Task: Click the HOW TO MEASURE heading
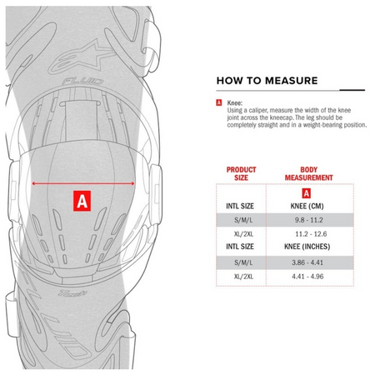tap(267, 81)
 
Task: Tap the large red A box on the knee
tap(82, 201)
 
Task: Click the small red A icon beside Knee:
tap(219, 102)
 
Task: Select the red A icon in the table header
tap(306, 193)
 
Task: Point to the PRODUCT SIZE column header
tap(241, 173)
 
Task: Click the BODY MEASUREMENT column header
tap(308, 173)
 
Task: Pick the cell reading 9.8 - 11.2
tap(308, 220)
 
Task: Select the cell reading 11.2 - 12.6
tap(311, 234)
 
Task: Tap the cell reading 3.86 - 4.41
tap(307, 262)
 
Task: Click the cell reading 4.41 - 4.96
tap(307, 277)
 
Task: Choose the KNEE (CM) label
tap(307, 206)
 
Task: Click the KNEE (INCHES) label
tap(307, 247)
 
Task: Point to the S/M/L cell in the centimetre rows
tap(243, 220)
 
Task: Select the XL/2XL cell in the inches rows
tap(243, 277)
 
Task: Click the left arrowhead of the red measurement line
tap(33, 183)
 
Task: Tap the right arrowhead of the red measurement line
tap(132, 183)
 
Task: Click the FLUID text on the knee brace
tap(82, 82)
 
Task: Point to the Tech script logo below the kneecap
tap(72, 292)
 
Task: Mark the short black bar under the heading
tap(352, 90)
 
